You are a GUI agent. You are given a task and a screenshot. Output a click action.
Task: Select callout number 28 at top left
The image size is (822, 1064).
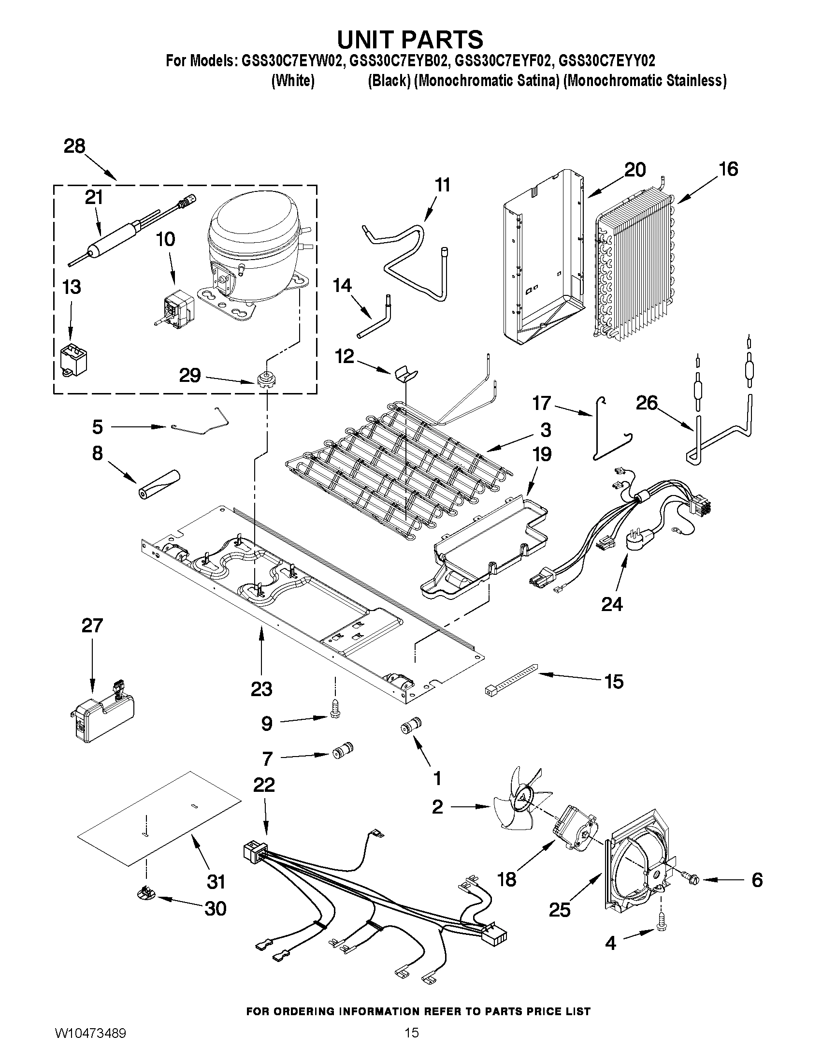coord(74,146)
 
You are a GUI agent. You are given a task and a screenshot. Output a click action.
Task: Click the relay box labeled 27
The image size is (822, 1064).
coord(102,718)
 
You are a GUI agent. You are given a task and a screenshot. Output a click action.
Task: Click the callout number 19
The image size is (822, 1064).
coord(542,454)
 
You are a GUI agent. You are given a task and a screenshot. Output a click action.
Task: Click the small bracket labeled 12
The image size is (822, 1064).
coord(406,374)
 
